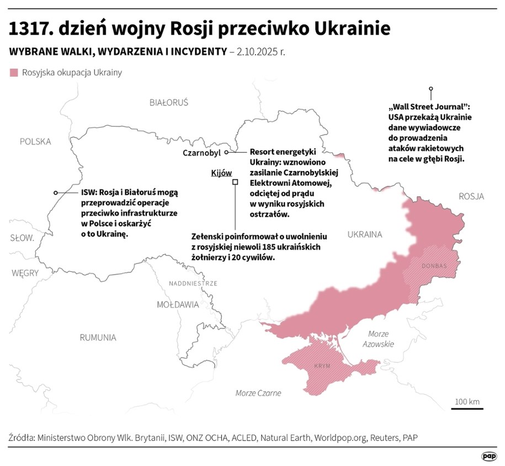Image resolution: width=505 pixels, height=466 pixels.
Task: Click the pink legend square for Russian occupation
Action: (x=14, y=72)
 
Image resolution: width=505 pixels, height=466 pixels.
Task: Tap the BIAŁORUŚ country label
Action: (x=169, y=103)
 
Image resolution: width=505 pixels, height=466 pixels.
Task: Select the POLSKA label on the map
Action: (x=35, y=141)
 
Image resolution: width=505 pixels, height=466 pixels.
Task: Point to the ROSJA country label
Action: (x=471, y=196)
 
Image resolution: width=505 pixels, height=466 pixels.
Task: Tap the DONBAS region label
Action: (x=434, y=266)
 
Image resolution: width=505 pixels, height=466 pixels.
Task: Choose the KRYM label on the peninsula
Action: (x=322, y=366)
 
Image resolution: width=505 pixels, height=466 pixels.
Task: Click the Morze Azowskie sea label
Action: (x=379, y=339)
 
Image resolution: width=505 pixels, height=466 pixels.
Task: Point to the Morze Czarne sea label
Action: (x=258, y=393)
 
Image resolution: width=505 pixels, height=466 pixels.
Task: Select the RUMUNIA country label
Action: (x=98, y=337)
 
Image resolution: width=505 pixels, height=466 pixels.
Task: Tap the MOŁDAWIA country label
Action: (x=178, y=304)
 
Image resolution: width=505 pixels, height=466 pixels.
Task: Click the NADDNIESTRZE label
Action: (x=194, y=283)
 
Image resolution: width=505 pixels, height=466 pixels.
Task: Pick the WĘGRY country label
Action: (x=24, y=273)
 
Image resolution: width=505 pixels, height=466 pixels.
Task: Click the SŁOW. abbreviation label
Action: (x=22, y=238)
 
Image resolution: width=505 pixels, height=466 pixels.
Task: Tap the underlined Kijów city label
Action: (x=221, y=173)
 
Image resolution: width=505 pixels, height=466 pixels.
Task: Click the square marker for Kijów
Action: (x=235, y=182)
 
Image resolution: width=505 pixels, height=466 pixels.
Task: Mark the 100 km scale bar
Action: (x=467, y=408)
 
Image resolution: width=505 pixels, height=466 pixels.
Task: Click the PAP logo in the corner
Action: (x=488, y=457)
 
